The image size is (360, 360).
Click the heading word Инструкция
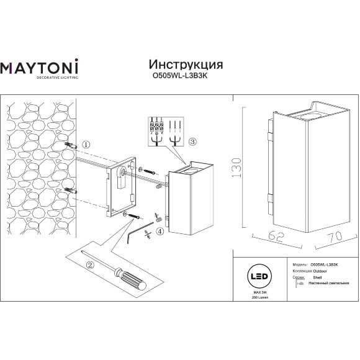[x=186, y=65]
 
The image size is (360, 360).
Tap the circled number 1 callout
[x=86, y=145]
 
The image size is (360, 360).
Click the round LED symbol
[x=255, y=275]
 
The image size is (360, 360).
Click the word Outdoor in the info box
[x=318, y=271]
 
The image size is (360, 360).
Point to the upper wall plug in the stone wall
[x=71, y=145]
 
